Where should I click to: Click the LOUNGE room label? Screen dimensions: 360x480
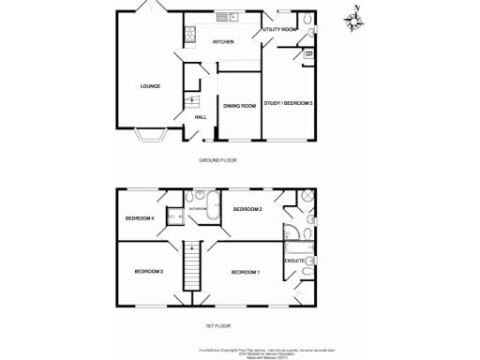click(150, 86)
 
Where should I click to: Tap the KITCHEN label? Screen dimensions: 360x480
click(223, 42)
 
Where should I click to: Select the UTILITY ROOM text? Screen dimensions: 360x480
click(279, 30)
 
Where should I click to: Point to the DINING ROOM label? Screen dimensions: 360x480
click(240, 106)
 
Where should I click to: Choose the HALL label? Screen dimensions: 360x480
click(200, 117)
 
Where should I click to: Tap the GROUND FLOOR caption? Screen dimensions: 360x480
click(217, 160)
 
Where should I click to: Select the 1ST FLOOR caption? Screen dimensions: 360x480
click(217, 325)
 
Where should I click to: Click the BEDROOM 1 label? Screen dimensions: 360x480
click(245, 272)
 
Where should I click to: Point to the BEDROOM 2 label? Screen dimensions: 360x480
click(247, 208)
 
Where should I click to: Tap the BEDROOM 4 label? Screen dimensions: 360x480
click(139, 218)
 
